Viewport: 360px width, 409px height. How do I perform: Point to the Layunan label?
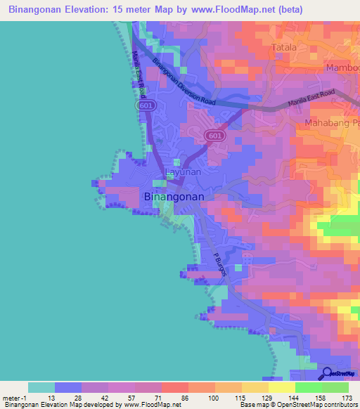click(183, 171)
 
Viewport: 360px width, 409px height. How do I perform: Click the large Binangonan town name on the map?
click(174, 197)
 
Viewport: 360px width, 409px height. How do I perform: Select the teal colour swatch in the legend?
click(41, 387)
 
